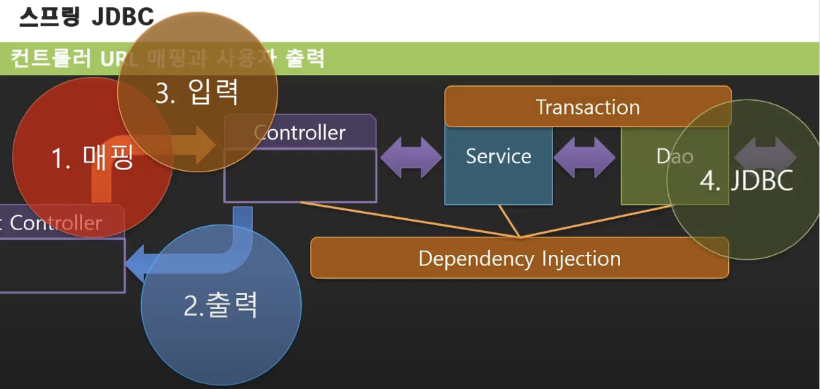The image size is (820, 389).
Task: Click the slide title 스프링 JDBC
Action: click(x=85, y=18)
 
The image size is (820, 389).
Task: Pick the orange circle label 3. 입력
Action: click(x=197, y=92)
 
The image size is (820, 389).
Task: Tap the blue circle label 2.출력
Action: click(x=220, y=305)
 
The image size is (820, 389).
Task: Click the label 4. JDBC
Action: click(x=747, y=181)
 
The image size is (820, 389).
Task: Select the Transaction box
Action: click(x=588, y=107)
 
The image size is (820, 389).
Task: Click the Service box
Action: click(x=498, y=157)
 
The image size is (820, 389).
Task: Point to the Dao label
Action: click(x=675, y=156)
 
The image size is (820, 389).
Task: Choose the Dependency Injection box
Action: click(x=519, y=258)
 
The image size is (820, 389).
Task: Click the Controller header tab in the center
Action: click(x=300, y=132)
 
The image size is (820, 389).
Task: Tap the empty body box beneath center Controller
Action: click(x=300, y=176)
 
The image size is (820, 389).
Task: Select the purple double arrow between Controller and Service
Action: click(x=411, y=157)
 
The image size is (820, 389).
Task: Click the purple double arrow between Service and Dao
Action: click(x=584, y=157)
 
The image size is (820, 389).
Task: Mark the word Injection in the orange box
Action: click(x=581, y=258)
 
